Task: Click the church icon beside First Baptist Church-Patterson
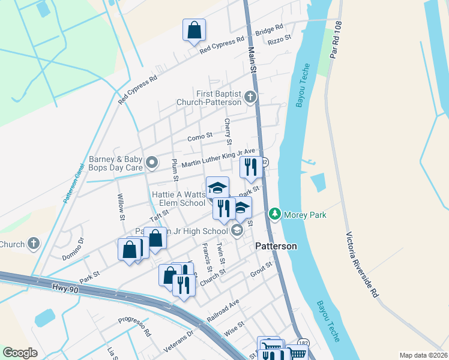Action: pos(250,97)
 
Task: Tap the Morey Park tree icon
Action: pos(275,214)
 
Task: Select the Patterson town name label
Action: pos(277,246)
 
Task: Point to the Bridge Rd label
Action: pos(269,30)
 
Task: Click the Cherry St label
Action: pos(228,131)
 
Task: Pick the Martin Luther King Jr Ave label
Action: pos(218,159)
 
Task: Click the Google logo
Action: pos(20,353)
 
